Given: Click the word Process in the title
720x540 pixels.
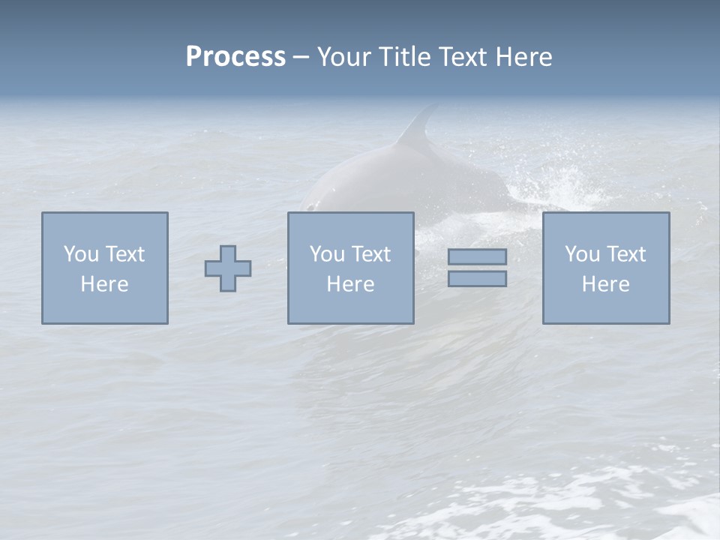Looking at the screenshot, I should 235,57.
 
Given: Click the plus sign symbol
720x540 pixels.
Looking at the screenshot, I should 228,268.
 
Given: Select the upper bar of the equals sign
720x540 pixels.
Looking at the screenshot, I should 477,257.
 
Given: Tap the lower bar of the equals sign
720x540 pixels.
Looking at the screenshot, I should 477,279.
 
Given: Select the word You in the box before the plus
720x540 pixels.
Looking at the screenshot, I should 81,254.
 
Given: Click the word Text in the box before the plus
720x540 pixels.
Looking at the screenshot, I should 124,254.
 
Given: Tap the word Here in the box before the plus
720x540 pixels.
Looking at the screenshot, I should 104,284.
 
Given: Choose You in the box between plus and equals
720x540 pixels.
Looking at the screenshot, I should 327,254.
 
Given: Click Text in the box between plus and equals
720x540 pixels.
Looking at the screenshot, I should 370,254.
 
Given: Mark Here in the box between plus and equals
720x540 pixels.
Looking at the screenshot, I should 350,284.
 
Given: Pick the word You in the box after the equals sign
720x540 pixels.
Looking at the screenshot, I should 582,254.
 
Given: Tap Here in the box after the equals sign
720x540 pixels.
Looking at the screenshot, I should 605,284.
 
